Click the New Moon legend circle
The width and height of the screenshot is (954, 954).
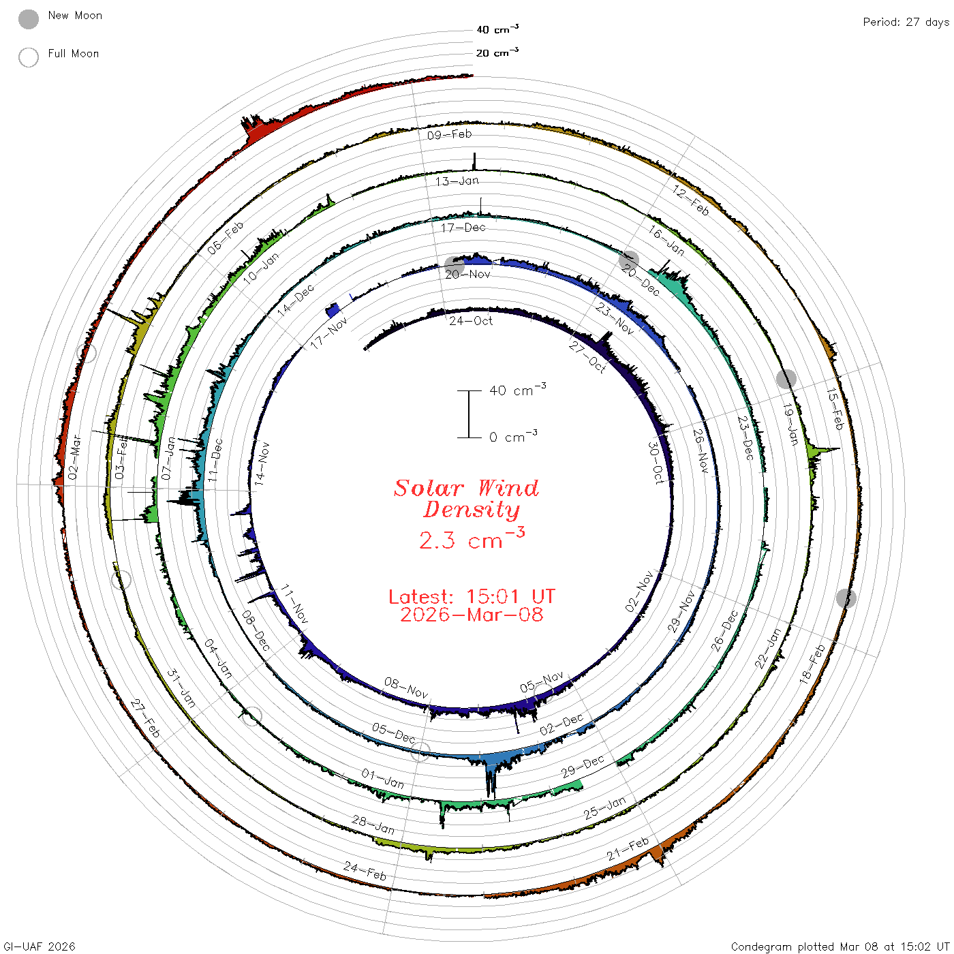pos(28,19)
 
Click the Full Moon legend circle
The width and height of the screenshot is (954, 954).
pos(28,57)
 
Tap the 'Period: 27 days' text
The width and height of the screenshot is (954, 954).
pos(906,22)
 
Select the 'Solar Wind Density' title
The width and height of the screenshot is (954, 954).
pos(466,499)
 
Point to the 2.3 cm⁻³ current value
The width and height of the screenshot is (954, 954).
pos(472,538)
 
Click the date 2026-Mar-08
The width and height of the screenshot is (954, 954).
pos(472,615)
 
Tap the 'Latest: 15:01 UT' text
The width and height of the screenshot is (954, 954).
pos(472,596)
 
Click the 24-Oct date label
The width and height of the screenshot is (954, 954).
pos(471,321)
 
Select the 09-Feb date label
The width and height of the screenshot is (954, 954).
pos(450,134)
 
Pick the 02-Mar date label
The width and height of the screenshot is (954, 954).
pos(74,457)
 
